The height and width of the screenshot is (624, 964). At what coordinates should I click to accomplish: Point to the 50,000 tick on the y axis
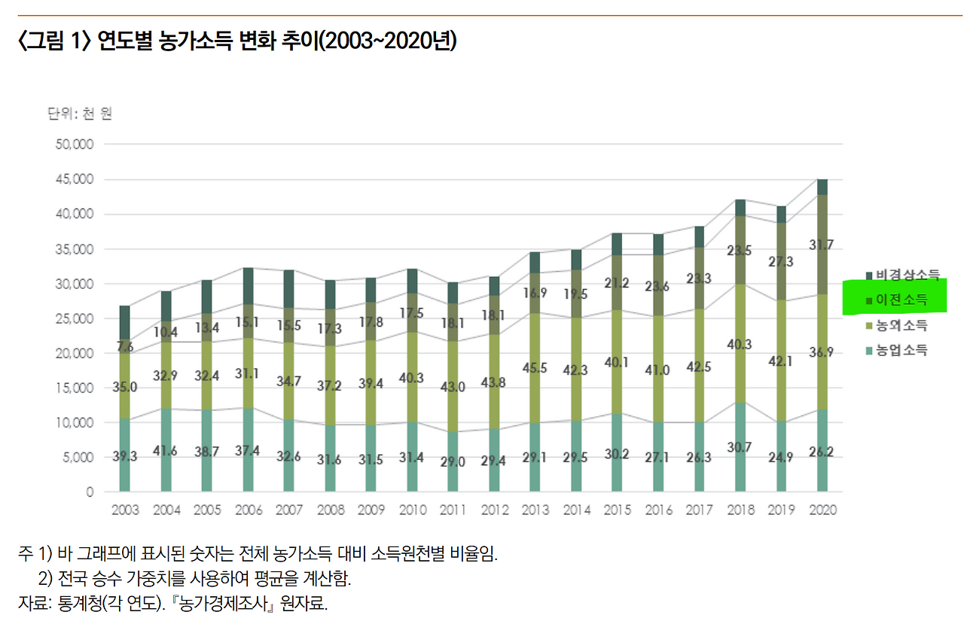tap(74, 145)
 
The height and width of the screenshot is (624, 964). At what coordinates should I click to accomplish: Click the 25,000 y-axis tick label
tap(74, 318)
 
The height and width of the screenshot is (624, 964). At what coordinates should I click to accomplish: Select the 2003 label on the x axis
tap(125, 510)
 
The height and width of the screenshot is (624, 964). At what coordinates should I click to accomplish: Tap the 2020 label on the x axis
tap(822, 510)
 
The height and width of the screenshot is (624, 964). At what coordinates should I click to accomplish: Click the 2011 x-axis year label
tap(453, 510)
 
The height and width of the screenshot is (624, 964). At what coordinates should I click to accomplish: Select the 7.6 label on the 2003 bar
tap(126, 346)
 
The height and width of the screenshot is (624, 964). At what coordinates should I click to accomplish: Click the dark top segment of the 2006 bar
tap(248, 285)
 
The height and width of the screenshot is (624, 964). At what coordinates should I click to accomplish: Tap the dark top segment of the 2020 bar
tap(822, 187)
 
